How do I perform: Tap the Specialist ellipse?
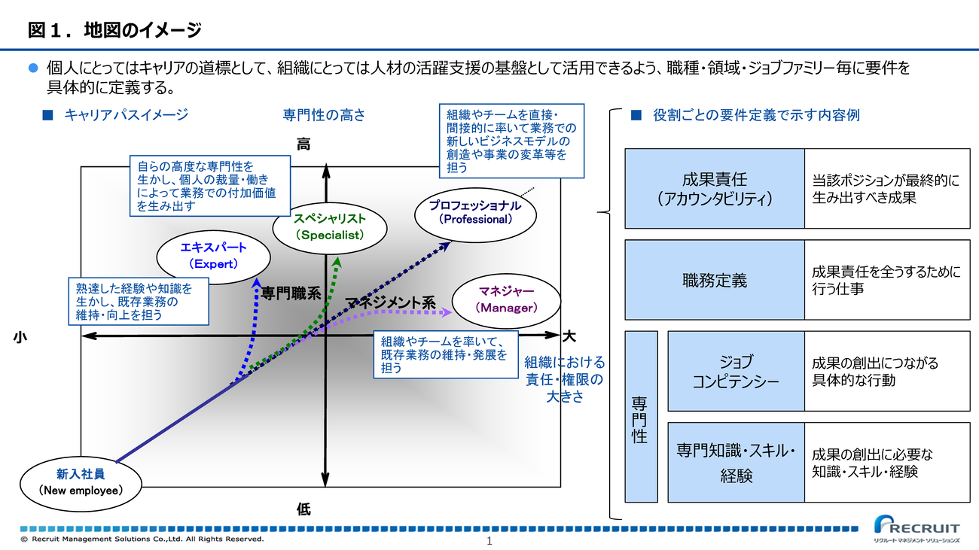329,226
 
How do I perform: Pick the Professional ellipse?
475,212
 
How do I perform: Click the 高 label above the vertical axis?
303,145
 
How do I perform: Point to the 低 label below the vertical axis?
303,509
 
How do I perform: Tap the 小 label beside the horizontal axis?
20,338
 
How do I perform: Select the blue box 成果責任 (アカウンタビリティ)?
714,189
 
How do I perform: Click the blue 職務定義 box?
714,281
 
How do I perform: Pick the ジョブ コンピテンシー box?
736,371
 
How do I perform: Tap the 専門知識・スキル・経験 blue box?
736,463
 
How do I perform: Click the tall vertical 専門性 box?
640,417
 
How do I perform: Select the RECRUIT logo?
916,528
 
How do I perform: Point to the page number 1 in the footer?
489,542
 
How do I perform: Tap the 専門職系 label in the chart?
291,294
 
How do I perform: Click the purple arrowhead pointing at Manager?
448,311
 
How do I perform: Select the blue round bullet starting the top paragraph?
32,68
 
